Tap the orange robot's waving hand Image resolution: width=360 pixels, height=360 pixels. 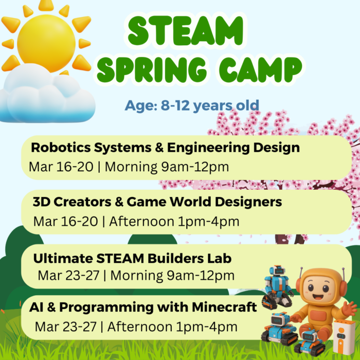(350, 309)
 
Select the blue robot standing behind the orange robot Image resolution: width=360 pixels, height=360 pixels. (275, 285)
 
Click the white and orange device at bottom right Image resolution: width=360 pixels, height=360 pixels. (344, 337)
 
